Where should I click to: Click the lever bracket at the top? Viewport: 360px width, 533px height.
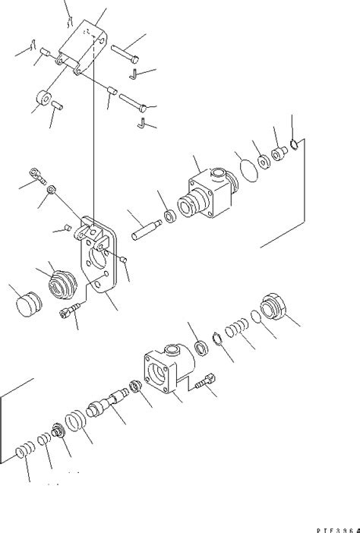click(x=86, y=46)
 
